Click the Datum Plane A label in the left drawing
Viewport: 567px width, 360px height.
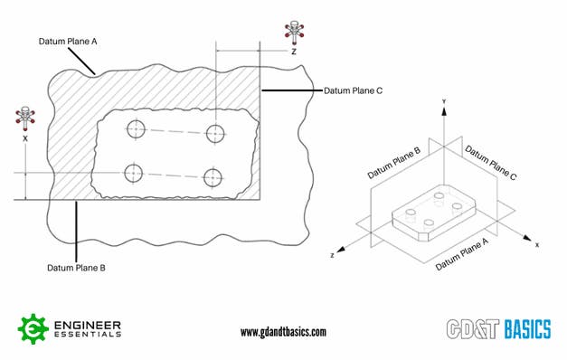(x=67, y=41)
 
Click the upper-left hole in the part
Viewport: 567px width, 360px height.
(x=136, y=129)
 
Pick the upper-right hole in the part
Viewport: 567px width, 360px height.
(x=215, y=134)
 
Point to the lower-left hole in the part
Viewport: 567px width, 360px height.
(x=134, y=172)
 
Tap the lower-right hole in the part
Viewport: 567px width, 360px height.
(x=213, y=176)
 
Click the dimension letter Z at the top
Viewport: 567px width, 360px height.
(x=293, y=52)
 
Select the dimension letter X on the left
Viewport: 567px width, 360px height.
(x=24, y=140)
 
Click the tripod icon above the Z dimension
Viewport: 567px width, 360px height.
(x=293, y=32)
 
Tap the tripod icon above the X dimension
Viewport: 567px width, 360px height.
(x=24, y=118)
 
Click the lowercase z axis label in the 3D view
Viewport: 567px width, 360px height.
(x=334, y=257)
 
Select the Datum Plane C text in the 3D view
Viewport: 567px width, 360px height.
(x=489, y=163)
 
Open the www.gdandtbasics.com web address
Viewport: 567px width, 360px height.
(x=283, y=332)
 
